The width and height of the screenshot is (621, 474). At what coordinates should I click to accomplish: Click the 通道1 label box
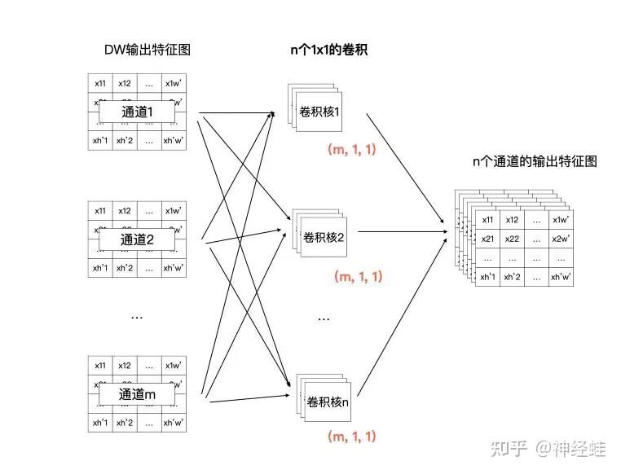pos(136,112)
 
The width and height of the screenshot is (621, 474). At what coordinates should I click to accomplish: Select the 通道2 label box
pos(136,239)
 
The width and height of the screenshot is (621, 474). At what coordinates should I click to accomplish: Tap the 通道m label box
pos(136,394)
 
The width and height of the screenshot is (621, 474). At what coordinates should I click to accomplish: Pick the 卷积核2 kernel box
pos(324,237)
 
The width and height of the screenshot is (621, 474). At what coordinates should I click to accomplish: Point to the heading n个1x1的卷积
pos(329,50)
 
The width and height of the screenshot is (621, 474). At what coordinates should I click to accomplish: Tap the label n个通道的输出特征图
pos(535,161)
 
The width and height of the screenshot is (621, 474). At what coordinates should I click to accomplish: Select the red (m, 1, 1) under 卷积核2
pos(359,276)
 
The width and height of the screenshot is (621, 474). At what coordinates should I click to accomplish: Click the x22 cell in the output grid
pos(512,239)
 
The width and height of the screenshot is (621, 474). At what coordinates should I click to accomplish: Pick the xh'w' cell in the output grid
pos(561,277)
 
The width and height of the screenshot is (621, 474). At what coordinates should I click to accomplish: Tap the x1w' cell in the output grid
pos(561,220)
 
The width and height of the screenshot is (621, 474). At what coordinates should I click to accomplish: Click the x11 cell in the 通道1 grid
pos(99,83)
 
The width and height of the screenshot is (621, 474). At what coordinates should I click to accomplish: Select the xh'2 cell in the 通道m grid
pos(124,423)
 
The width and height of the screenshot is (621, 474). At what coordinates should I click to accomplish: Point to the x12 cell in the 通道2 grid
pos(124,211)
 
